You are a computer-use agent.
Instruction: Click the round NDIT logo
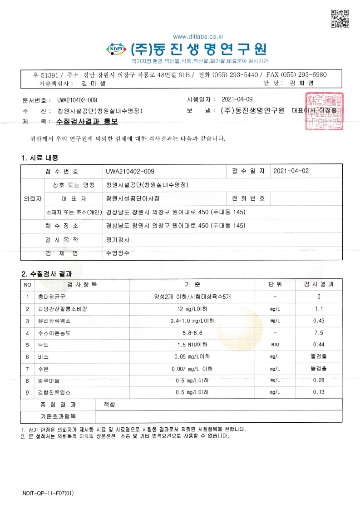tap(117, 49)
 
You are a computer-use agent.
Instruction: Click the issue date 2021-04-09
tap(238, 99)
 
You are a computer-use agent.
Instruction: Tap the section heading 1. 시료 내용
tap(39, 158)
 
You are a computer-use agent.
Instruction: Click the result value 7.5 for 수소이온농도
tap(319, 333)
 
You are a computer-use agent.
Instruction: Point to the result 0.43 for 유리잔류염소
tap(319, 321)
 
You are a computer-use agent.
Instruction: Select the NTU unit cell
tap(275, 345)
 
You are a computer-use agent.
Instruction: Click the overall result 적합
tap(109, 404)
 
